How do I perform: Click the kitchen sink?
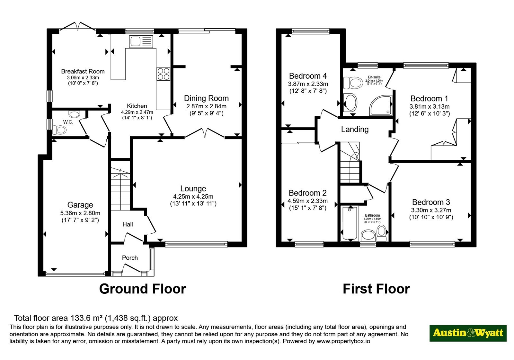coord(141,41)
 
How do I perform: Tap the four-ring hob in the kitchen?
coord(164,74)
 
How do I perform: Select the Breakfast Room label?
coord(83,71)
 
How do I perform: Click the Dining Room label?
coord(206,98)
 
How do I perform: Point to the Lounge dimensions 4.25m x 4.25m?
coord(193,196)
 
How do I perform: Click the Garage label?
coord(80,205)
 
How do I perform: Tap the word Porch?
coord(130,258)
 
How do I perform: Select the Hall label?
coord(128,224)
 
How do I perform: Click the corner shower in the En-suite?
coord(381,105)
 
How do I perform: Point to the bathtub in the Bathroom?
coord(350,223)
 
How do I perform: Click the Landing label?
coord(355,130)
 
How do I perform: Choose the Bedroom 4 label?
coord(308,76)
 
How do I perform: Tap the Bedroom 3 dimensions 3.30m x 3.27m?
coord(431,210)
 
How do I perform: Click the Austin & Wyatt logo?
coord(468,333)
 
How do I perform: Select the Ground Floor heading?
coord(143,289)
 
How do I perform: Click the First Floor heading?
coord(376,289)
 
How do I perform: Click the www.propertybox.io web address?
coord(343,341)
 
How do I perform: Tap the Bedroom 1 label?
coord(429,98)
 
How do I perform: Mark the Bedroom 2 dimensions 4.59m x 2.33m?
coord(307,201)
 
